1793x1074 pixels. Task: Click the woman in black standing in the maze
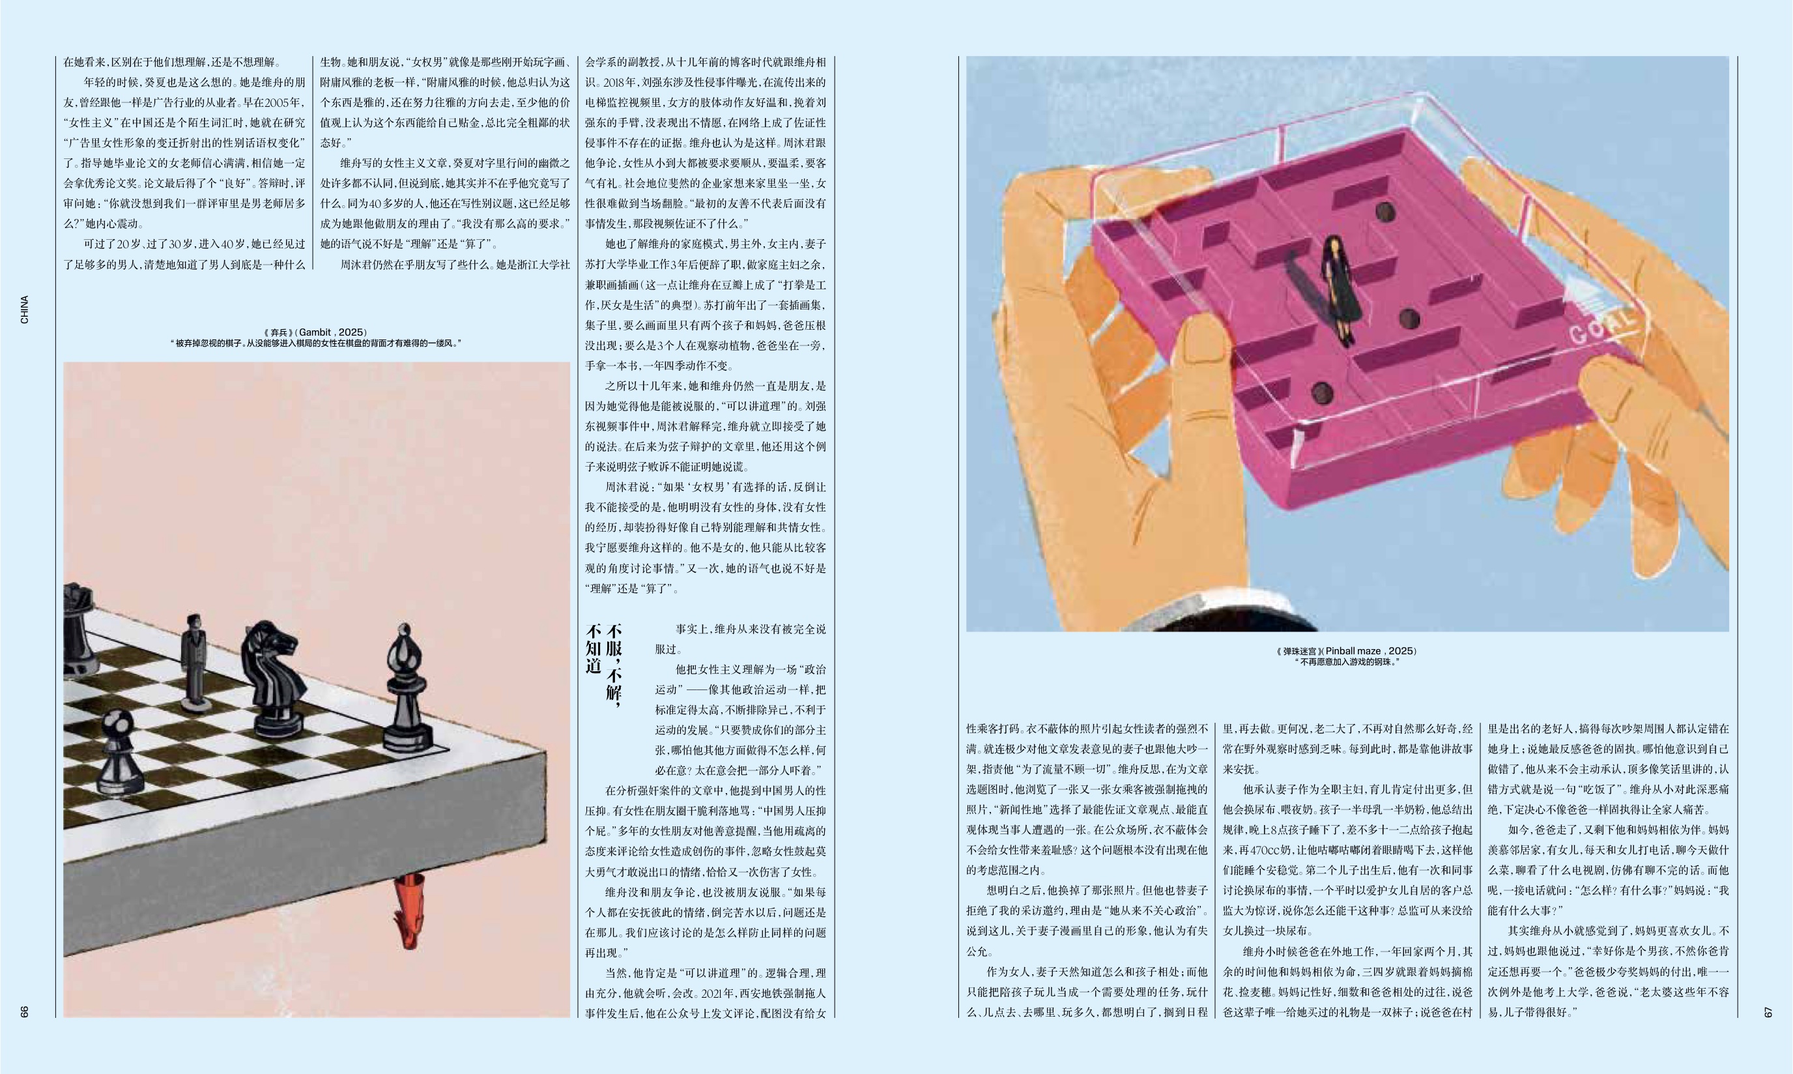click(x=1333, y=289)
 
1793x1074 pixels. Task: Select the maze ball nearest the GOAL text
click(x=1409, y=317)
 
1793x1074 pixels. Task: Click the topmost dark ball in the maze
click(x=1385, y=212)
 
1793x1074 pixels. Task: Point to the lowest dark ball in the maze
click(x=1322, y=393)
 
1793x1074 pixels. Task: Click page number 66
click(x=25, y=1011)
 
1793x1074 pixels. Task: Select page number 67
click(x=1768, y=1011)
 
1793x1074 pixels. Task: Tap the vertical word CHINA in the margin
click(x=25, y=310)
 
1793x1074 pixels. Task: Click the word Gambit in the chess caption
click(x=315, y=332)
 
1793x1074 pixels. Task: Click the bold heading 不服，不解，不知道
click(x=604, y=662)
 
